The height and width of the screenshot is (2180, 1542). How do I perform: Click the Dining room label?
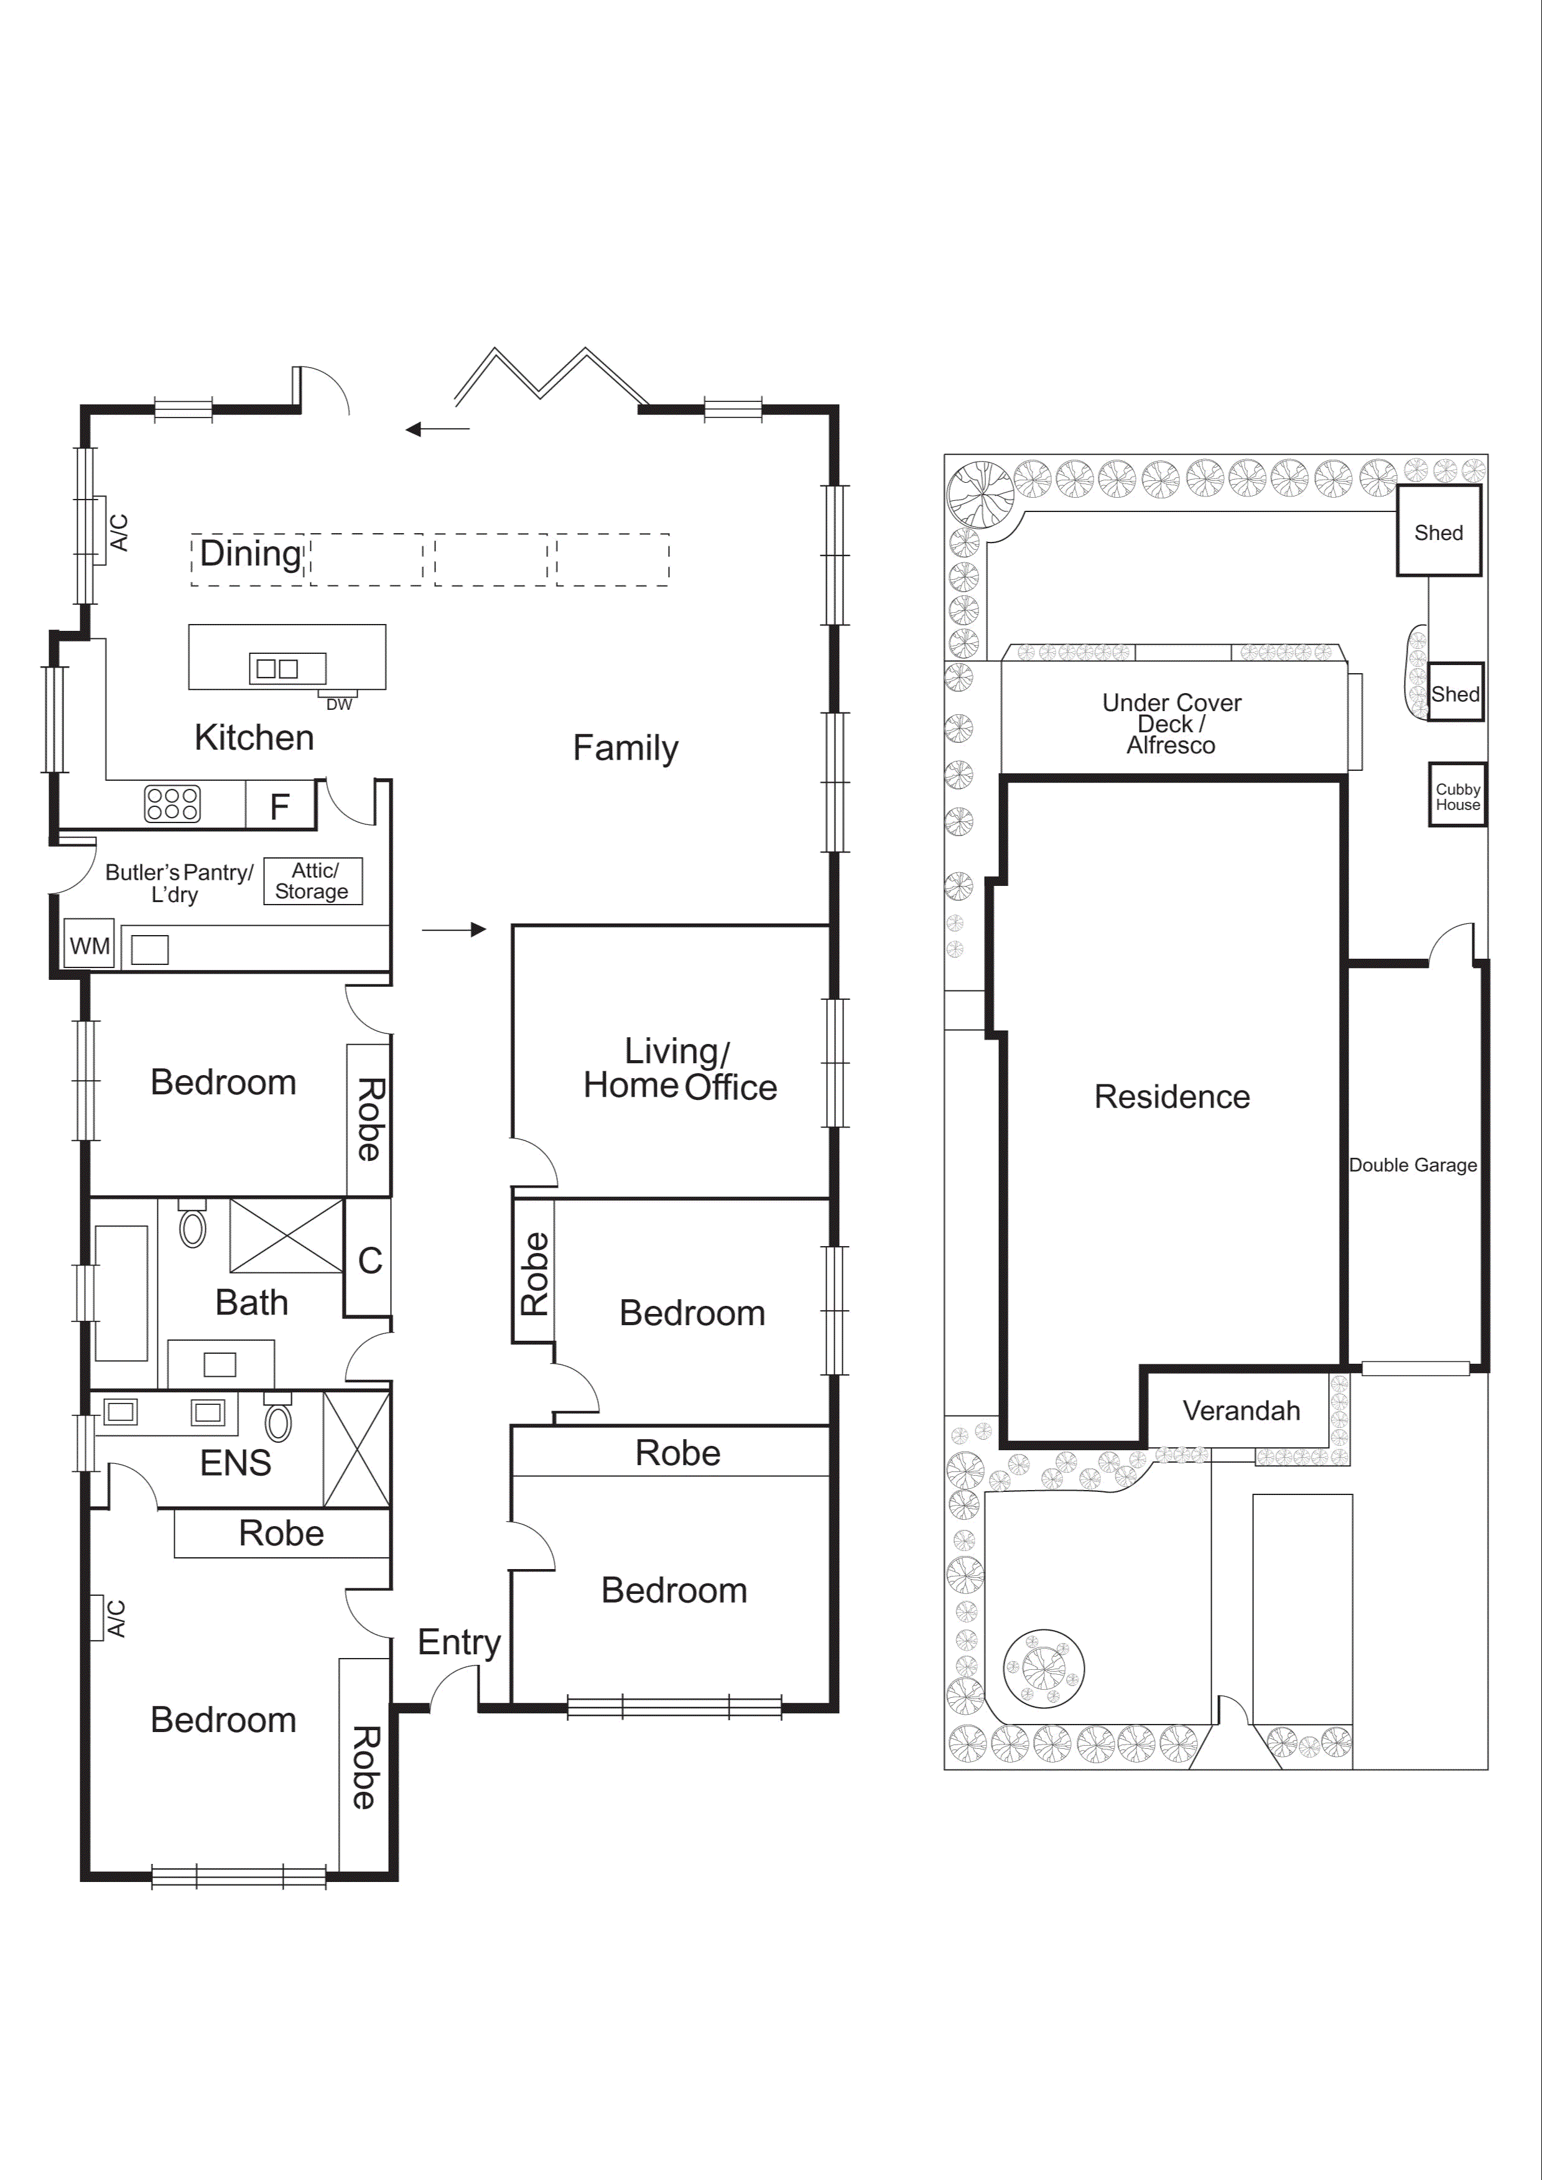[251, 554]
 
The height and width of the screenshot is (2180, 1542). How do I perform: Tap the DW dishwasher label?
[339, 704]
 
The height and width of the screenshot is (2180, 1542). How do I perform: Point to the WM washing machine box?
[89, 946]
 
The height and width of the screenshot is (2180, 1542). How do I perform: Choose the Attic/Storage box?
[312, 881]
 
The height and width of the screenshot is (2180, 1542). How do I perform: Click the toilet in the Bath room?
[193, 1227]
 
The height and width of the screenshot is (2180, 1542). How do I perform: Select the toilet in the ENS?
[278, 1422]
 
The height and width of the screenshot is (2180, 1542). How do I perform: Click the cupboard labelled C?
[369, 1260]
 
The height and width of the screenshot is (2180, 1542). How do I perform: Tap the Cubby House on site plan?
[1457, 796]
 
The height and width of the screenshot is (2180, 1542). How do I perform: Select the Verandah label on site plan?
[1241, 1411]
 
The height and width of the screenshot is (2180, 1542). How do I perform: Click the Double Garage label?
[1413, 1165]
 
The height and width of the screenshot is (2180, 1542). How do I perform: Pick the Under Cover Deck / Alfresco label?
[1172, 724]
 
